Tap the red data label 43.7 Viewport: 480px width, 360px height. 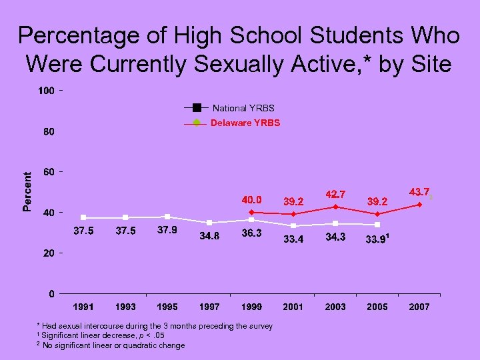click(x=420, y=191)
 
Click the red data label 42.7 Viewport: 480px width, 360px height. click(x=335, y=194)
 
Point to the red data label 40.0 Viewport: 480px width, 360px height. click(x=251, y=199)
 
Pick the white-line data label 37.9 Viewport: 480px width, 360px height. click(x=167, y=231)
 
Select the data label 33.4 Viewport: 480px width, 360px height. click(x=293, y=239)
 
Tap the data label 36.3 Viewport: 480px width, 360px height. click(x=251, y=233)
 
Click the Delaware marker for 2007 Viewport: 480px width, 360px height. click(x=419, y=205)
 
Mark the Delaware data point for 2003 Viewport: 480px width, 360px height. click(x=335, y=207)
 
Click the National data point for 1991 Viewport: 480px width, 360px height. click(x=83, y=217)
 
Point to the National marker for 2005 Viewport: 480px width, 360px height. click(x=377, y=225)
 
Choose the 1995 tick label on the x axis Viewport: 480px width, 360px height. click(x=167, y=307)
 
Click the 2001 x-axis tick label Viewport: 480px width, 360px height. click(x=293, y=307)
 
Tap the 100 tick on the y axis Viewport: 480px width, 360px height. click(x=45, y=91)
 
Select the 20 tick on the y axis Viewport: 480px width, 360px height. click(x=48, y=253)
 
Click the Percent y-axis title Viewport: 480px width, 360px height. click(x=27, y=191)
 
